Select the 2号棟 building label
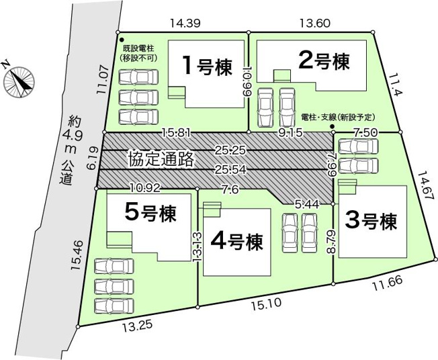click(324, 62)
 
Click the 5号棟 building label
click(150, 214)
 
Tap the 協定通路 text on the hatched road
click(161, 159)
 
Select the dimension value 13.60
click(314, 23)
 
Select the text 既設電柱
click(138, 49)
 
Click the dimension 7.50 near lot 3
click(366, 133)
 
